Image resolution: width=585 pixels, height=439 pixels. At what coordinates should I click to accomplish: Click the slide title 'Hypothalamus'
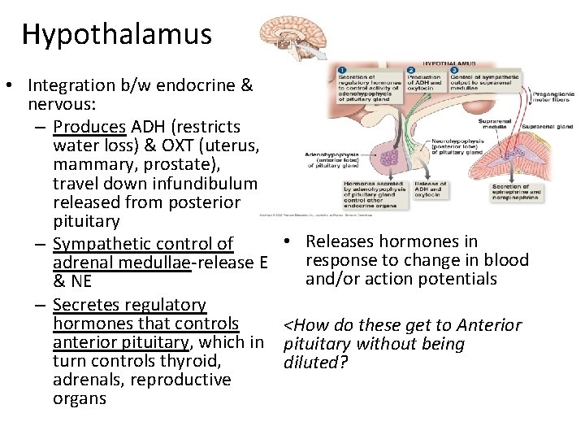pos(116,34)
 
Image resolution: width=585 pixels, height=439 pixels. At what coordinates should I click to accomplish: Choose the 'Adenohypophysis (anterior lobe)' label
pos(329,158)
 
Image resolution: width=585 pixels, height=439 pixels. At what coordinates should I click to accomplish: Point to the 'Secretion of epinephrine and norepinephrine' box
pos(516,195)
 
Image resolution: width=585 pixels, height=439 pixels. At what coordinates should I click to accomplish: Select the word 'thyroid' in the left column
pos(187,361)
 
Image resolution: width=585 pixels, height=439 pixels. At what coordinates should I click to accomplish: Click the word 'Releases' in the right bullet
pos(340,241)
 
